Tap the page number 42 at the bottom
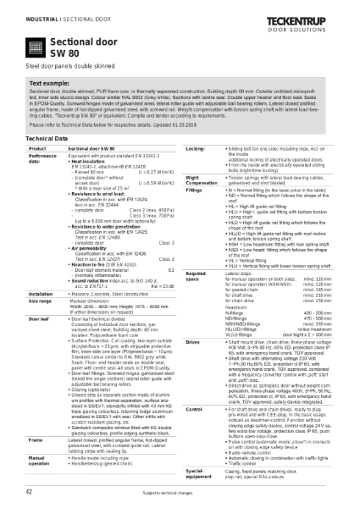29,490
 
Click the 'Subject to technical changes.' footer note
179,491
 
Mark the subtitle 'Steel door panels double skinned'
63,68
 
